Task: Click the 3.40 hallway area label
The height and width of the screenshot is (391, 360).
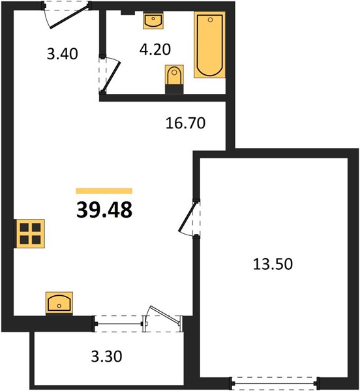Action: [63, 53]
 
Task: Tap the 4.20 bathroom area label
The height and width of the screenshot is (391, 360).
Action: [155, 49]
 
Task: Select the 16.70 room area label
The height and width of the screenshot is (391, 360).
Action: [185, 123]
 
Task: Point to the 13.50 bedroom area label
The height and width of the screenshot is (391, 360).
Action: [273, 264]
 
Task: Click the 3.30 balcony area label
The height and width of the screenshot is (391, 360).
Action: [106, 356]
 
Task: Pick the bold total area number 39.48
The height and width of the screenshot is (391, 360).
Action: [104, 210]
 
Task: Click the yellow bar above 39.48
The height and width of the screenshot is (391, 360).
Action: [104, 191]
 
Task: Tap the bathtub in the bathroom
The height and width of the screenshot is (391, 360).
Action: [210, 45]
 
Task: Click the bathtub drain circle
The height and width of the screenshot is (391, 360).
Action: [210, 20]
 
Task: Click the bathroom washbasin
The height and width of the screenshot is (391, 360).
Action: [153, 21]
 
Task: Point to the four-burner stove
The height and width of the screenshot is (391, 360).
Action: [30, 234]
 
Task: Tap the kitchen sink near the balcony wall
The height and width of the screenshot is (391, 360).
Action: [59, 303]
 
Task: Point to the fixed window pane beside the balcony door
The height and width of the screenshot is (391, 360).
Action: [119, 324]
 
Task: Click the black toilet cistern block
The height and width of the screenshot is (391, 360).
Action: [174, 89]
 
